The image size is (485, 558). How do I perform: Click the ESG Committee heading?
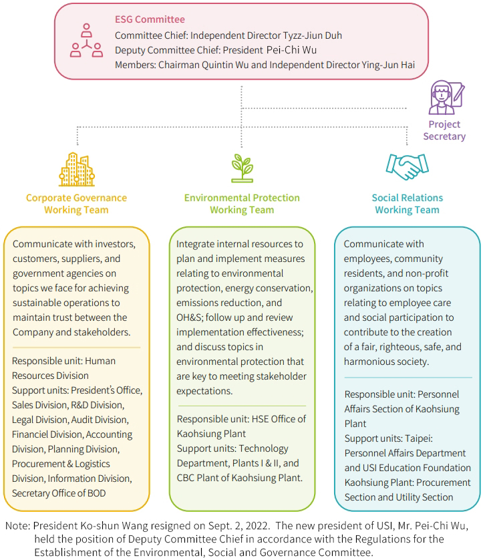[150, 19]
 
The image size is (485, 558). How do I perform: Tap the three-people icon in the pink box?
[87, 41]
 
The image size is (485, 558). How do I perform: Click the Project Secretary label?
[444, 130]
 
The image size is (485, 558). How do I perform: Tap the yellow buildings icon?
[76, 169]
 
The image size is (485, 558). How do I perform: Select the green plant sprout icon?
[241, 168]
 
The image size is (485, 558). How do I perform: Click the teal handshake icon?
[407, 166]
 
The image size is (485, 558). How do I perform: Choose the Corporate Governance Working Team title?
[76, 204]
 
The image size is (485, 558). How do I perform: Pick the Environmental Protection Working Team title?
[242, 204]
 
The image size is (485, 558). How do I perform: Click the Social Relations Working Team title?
[407, 204]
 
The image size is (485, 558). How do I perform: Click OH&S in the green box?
[192, 302]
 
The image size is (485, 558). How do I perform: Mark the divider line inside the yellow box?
[76, 347]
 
